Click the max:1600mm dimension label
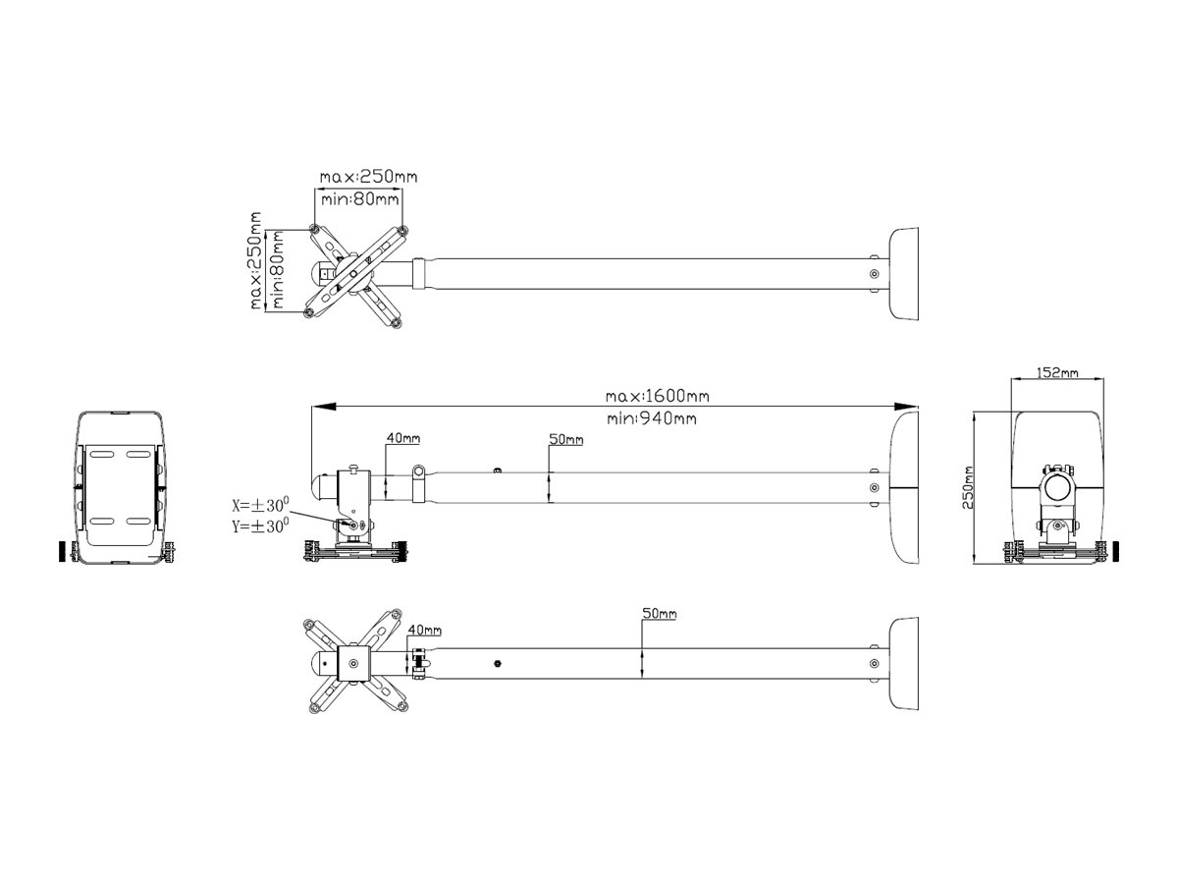point(657,396)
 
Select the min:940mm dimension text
point(652,418)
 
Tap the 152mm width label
point(1056,372)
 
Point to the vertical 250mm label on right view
point(968,487)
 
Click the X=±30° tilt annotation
point(260,505)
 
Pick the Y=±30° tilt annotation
point(260,525)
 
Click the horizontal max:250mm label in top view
point(368,177)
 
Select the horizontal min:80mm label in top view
point(360,199)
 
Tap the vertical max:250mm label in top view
point(255,260)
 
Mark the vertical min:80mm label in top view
point(278,269)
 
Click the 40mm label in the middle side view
point(403,438)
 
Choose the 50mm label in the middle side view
point(565,439)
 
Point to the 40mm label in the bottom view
point(424,630)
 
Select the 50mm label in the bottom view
point(659,613)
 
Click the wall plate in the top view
point(903,274)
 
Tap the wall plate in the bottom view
point(903,663)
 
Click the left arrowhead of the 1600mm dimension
point(324,407)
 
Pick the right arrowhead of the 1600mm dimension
point(906,407)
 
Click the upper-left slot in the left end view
point(101,454)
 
